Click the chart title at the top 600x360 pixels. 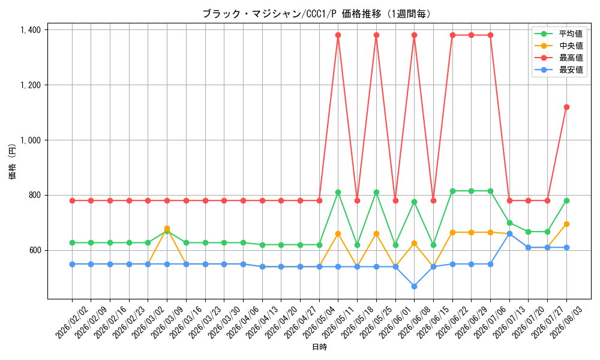[317, 14]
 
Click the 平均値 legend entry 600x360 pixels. [559, 34]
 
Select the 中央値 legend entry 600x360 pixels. [559, 46]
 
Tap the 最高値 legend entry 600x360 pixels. [559, 58]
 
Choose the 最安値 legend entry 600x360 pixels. [559, 70]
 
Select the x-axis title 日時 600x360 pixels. [320, 347]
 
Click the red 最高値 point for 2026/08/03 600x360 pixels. [567, 107]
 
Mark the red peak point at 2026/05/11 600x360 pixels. [338, 35]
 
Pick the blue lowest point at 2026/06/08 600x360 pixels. [414, 286]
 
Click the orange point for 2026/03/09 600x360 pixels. [167, 229]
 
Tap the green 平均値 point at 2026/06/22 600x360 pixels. [452, 191]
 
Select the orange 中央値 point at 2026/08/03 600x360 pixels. [567, 224]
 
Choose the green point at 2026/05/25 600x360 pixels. [377, 193]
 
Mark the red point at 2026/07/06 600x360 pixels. [491, 35]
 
